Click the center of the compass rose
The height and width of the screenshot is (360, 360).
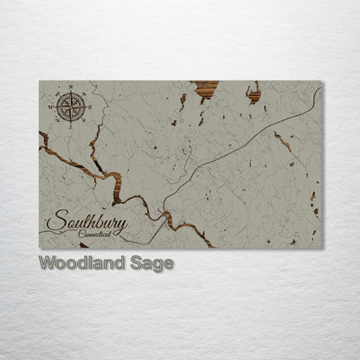[x=70, y=106]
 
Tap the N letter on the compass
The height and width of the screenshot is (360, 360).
[x=70, y=87]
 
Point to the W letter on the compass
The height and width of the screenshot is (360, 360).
[x=51, y=107]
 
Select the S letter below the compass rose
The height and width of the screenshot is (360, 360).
[x=70, y=127]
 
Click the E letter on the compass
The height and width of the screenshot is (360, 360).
[x=90, y=107]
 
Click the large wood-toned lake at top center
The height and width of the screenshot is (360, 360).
[x=206, y=87]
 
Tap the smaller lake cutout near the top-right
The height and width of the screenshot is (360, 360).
[x=254, y=92]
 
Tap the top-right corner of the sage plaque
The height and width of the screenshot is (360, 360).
[x=321, y=82]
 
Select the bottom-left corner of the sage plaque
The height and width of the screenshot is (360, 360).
[x=40, y=248]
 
